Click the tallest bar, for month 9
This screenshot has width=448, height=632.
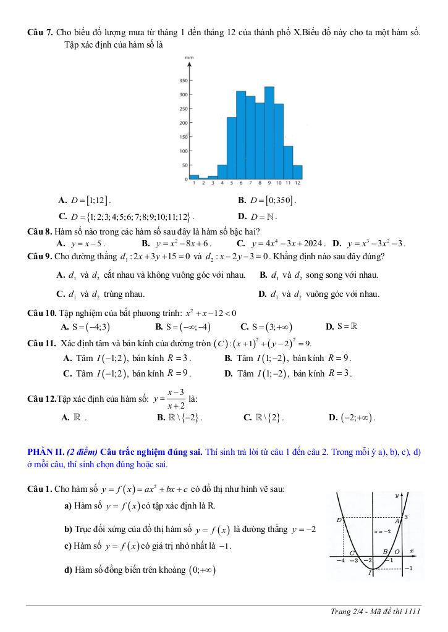(x=269, y=132)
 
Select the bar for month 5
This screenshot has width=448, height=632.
(x=232, y=148)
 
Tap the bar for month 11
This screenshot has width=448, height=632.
(x=288, y=162)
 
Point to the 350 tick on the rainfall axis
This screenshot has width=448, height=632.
(x=184, y=81)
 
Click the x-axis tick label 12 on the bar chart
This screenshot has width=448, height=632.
(x=297, y=183)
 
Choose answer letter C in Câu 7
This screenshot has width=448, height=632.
(x=63, y=216)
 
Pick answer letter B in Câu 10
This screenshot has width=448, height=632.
(x=159, y=326)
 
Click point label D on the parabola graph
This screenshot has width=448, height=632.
(x=339, y=520)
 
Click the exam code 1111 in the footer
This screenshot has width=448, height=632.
(x=412, y=611)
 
